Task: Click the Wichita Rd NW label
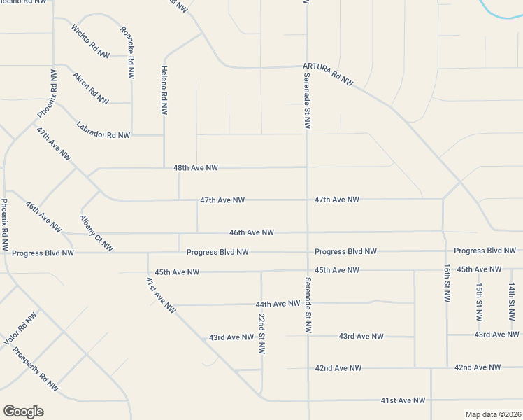90,41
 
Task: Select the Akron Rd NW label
90,89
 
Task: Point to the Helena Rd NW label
164,90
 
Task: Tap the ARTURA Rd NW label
329,73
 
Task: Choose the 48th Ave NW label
196,168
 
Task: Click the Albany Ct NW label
96,234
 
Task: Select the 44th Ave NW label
278,304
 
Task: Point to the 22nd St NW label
261,333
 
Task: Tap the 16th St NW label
447,283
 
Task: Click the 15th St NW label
479,302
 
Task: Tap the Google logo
23,412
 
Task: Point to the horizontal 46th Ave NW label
252,232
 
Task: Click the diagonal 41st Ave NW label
161,295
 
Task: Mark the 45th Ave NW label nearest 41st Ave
177,272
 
